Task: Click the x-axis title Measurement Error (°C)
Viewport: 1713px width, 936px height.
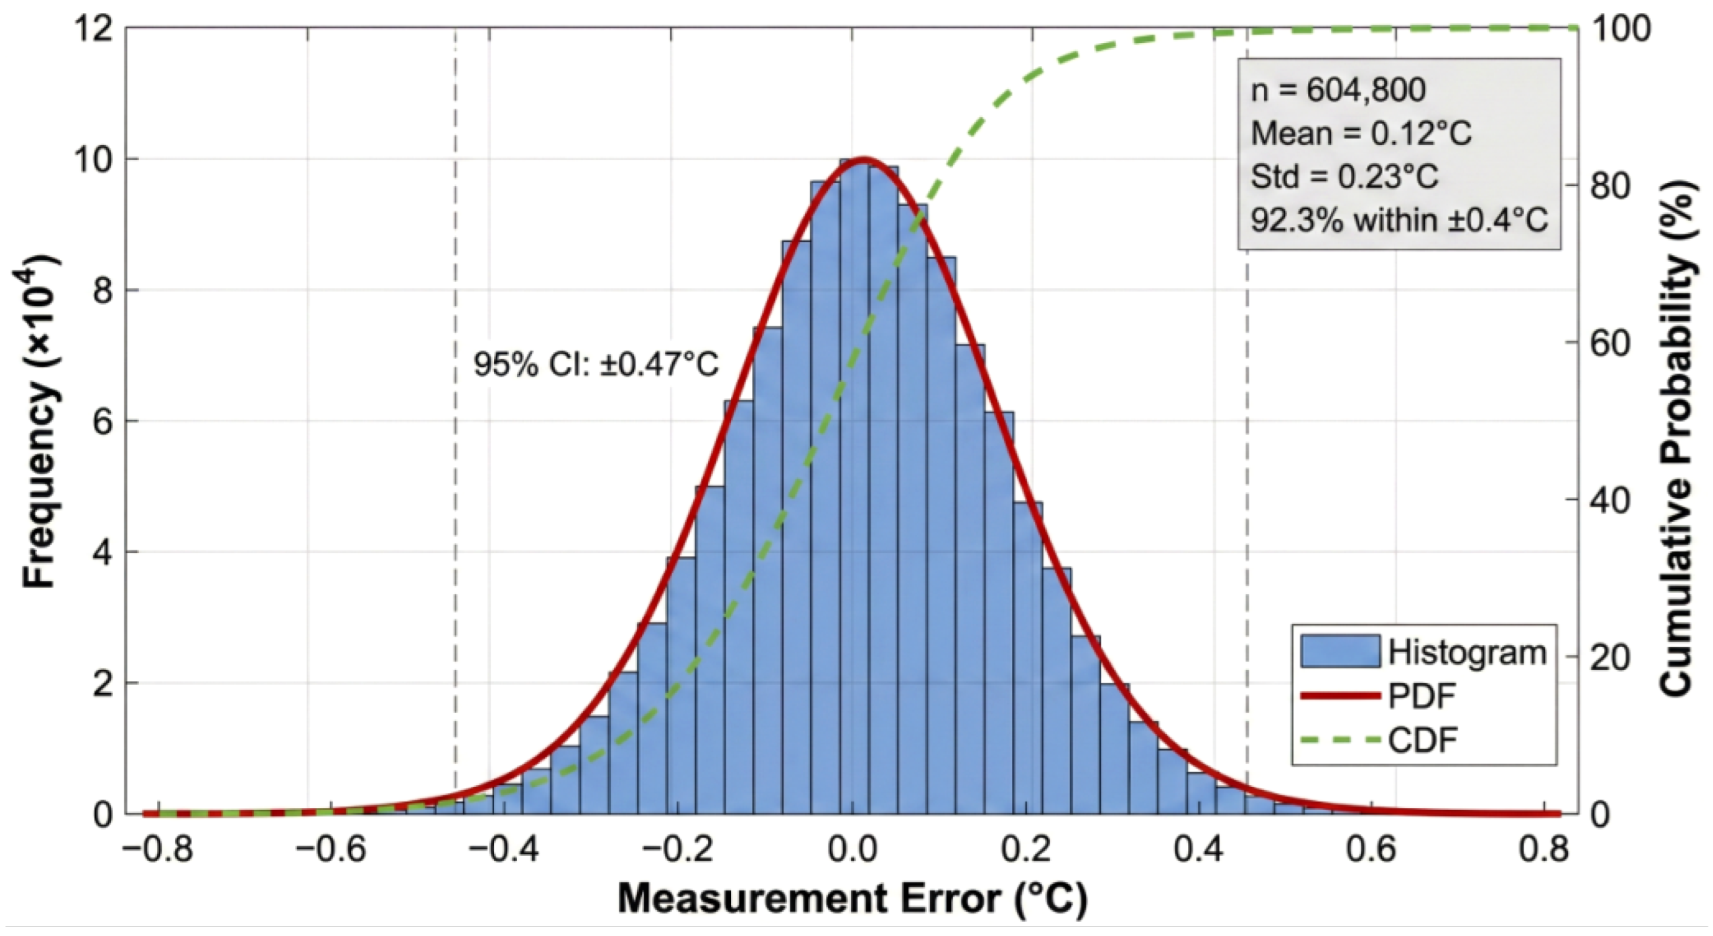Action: [852, 899]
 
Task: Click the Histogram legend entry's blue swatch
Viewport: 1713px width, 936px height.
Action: [1340, 652]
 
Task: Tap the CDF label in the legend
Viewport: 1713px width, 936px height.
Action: [1422, 739]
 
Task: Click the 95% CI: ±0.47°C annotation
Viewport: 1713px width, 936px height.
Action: [596, 364]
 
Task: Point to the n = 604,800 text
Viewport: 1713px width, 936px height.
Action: [1338, 90]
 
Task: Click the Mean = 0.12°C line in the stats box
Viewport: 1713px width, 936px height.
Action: [1361, 134]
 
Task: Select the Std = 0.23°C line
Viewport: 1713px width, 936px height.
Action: [1344, 177]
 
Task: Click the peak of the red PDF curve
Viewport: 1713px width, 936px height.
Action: [863, 160]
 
